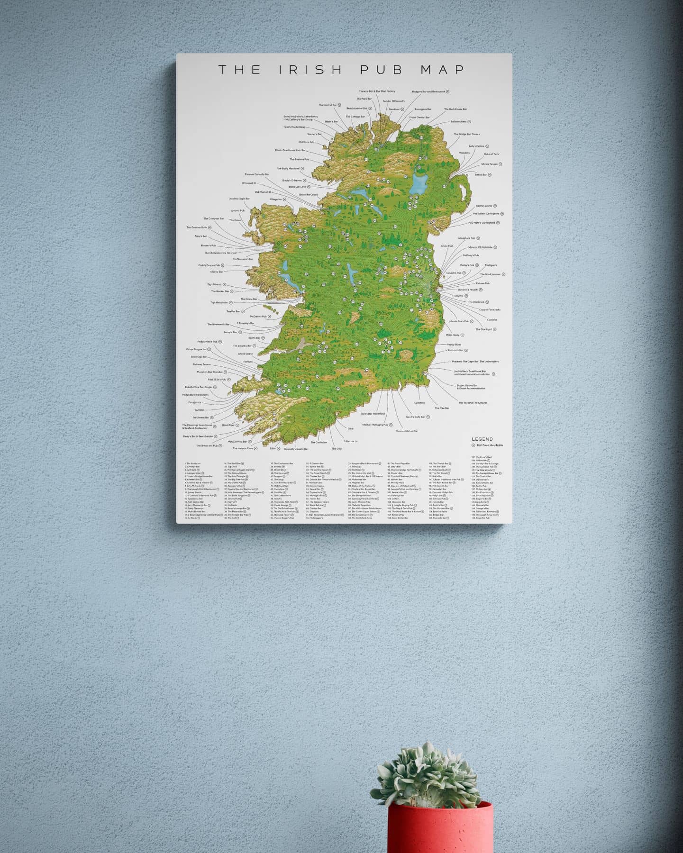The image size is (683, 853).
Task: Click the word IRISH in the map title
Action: click(x=310, y=70)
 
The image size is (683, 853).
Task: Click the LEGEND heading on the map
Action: click(x=482, y=439)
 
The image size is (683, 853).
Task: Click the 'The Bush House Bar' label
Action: click(x=455, y=109)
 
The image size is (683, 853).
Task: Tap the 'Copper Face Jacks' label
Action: click(x=490, y=310)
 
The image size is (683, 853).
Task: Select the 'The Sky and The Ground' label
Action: click(x=472, y=403)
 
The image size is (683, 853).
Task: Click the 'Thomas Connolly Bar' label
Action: click(x=257, y=174)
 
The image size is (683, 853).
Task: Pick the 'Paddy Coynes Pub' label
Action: click(x=209, y=265)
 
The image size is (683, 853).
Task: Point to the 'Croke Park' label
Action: click(x=447, y=246)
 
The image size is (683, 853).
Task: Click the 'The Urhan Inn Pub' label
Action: click(x=207, y=446)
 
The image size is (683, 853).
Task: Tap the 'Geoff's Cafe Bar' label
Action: click(x=415, y=417)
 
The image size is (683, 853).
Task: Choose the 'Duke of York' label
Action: click(x=491, y=154)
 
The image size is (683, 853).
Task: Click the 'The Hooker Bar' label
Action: click(x=220, y=291)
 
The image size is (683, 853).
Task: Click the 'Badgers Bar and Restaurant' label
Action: click(x=428, y=91)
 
